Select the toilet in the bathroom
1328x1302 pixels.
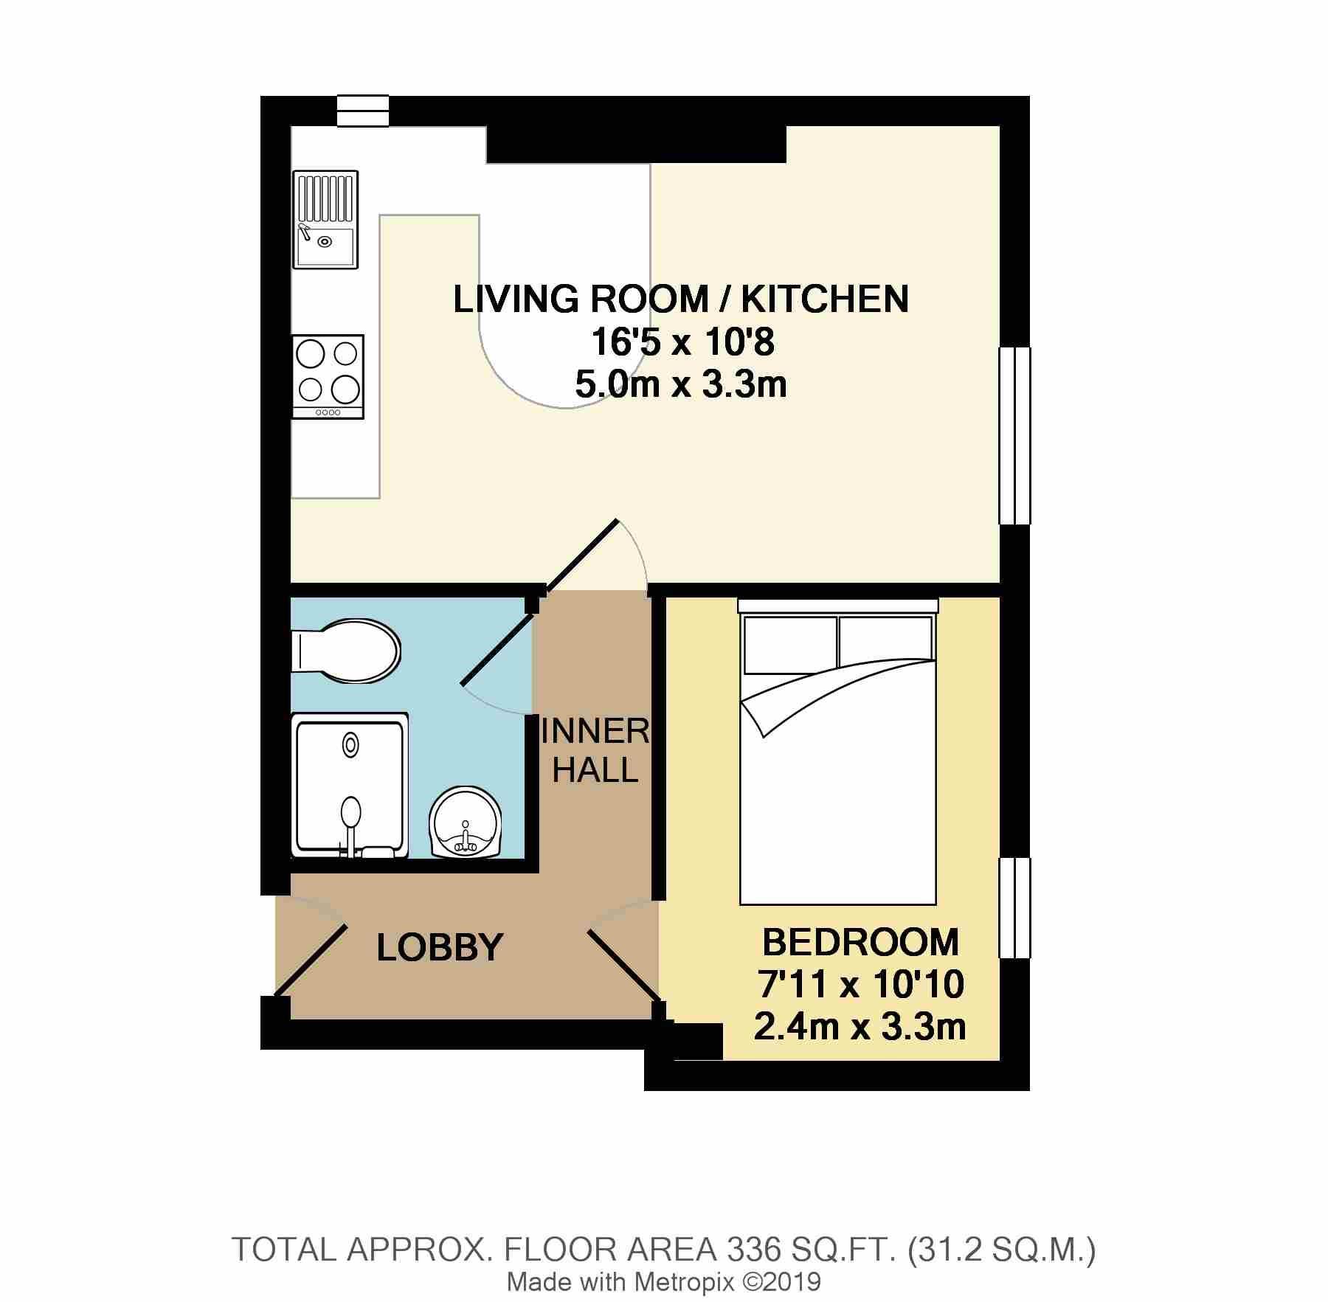(x=347, y=651)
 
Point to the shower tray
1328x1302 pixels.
(x=350, y=785)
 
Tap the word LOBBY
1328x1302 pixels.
(x=440, y=947)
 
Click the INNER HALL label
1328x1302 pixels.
(x=595, y=751)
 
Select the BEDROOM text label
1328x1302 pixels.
(x=860, y=943)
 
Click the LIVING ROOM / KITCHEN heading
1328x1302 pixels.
(x=680, y=299)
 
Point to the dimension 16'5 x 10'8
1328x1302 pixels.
(x=680, y=342)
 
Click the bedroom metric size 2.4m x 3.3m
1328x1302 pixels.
(x=860, y=1027)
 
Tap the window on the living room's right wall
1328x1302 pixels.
(x=1014, y=435)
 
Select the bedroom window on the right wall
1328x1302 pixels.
(x=1014, y=907)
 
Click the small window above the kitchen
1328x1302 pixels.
(x=362, y=111)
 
